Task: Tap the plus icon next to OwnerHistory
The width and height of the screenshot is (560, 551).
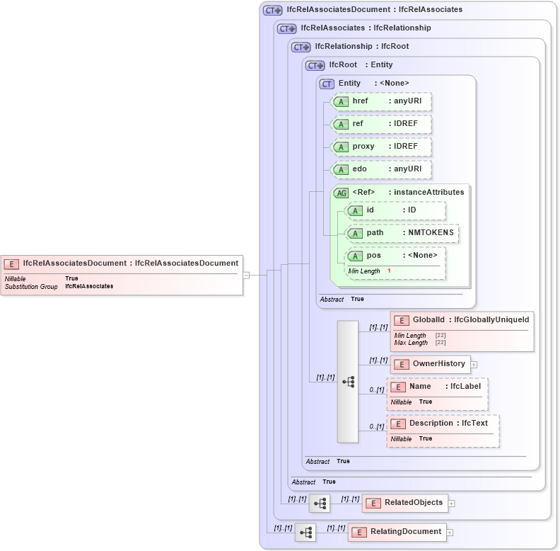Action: [474, 365]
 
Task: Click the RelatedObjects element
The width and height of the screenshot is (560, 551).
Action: [413, 503]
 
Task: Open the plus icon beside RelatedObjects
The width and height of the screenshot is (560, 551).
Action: [451, 504]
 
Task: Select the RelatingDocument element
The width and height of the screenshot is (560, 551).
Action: [406, 532]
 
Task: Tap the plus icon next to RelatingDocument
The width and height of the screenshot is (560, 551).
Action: [449, 533]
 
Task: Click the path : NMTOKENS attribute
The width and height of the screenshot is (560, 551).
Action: [402, 232]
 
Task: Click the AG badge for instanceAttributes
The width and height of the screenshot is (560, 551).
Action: [341, 193]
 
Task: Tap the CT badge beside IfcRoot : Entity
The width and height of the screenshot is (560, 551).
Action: [315, 65]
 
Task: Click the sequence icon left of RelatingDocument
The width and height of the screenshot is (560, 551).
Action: [305, 533]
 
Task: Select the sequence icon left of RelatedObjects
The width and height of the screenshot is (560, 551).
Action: [320, 504]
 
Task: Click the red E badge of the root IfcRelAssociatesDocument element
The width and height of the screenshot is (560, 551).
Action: [11, 263]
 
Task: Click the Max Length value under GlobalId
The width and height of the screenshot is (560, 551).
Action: [440, 343]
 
